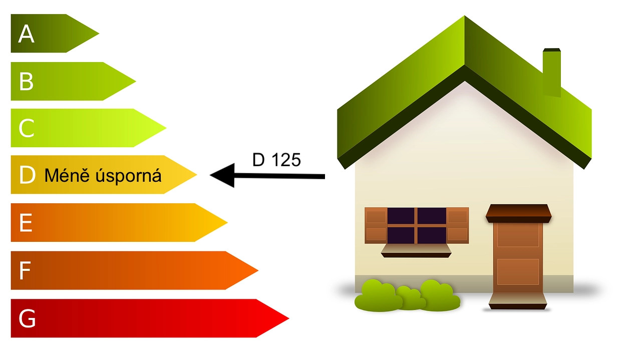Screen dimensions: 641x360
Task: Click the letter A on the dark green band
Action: pos(27,34)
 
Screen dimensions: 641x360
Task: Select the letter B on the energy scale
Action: pos(27,81)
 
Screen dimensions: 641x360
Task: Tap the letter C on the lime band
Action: pos(27,128)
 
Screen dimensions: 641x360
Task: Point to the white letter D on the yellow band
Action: pos(28,175)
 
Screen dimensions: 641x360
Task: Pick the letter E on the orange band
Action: pos(26,223)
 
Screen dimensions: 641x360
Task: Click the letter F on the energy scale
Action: pos(25,270)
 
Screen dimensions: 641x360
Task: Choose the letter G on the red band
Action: pos(27,318)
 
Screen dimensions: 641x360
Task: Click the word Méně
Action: pos(67,175)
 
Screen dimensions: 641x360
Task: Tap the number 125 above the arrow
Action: pos(286,160)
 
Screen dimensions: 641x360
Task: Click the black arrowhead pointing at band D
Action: pos(222,175)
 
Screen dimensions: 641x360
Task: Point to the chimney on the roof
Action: pos(552,73)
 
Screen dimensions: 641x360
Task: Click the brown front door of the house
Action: pos(518,257)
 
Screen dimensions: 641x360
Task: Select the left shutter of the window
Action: pos(376,226)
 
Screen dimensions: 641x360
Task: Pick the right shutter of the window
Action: pos(457,226)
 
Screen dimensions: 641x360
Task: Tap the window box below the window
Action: pos(416,251)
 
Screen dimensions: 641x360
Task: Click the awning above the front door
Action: pos(518,213)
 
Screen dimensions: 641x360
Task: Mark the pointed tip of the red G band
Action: pos(289,318)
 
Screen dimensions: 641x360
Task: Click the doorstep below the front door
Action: pos(518,301)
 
